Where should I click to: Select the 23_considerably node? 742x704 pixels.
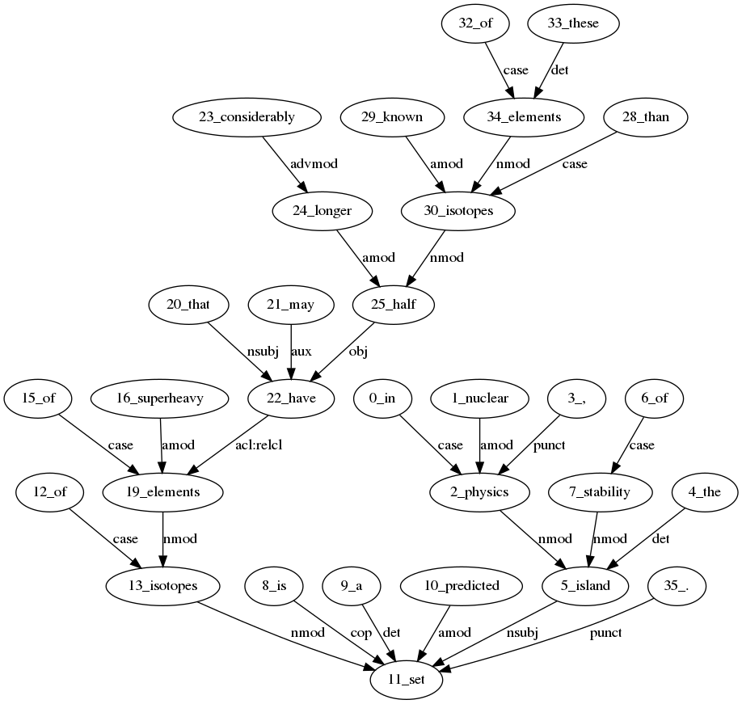point(247,117)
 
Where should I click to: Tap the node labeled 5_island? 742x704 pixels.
point(586,585)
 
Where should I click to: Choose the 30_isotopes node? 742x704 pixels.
point(458,211)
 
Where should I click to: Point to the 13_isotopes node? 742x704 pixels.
point(163,585)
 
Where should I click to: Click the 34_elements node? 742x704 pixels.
point(524,117)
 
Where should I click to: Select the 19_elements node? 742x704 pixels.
point(163,491)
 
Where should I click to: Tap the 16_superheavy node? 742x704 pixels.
point(163,398)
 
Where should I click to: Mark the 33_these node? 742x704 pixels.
point(574,23)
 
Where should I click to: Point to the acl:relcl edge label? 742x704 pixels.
point(259,445)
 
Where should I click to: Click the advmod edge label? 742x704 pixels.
point(314,164)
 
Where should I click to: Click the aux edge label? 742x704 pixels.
point(301,352)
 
